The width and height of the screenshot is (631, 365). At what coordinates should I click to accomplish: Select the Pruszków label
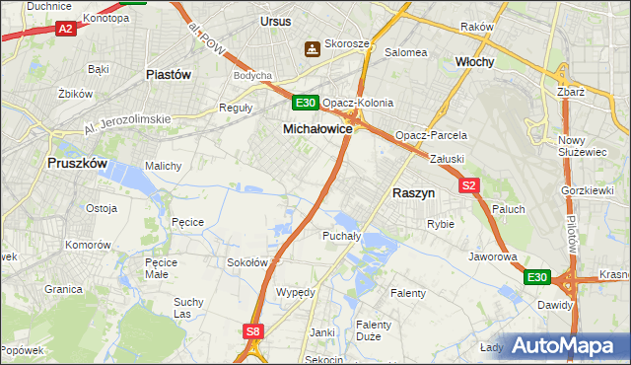click(x=76, y=166)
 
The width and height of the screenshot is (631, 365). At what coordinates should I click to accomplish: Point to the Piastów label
click(x=168, y=74)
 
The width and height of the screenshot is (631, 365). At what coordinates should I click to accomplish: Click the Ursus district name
click(x=276, y=20)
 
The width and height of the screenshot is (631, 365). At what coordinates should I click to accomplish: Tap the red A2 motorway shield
click(x=66, y=30)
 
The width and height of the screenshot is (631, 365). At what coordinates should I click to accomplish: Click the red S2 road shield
click(x=468, y=185)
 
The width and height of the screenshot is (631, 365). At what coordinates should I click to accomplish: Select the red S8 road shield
click(x=253, y=331)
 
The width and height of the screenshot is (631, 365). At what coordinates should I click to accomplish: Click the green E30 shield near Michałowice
click(x=305, y=103)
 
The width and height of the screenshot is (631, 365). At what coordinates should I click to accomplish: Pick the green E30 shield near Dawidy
click(x=537, y=277)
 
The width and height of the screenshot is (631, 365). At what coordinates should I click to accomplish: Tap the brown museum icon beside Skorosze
click(x=313, y=47)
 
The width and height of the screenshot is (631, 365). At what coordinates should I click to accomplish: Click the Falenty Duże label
click(x=374, y=330)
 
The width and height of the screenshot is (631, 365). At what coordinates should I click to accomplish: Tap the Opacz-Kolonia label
click(x=357, y=103)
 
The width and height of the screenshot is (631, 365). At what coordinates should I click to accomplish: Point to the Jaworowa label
click(x=493, y=256)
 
